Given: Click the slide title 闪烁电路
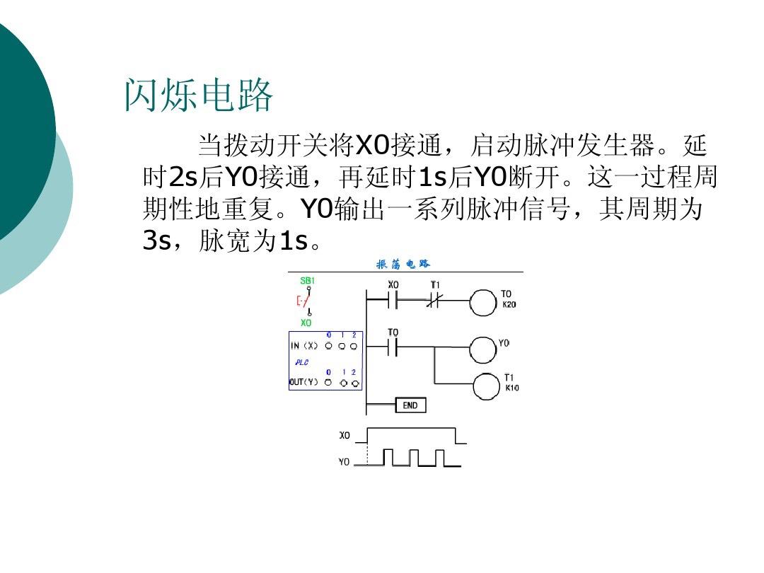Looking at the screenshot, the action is [x=199, y=96].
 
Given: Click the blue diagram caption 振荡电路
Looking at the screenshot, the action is [x=403, y=265].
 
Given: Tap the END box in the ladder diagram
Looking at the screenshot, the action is [x=410, y=405].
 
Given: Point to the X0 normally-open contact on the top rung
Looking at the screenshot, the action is [x=393, y=301].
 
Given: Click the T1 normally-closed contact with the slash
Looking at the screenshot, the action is [x=435, y=301].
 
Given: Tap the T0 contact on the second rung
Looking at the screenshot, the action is [x=393, y=347].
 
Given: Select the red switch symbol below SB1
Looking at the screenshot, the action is [x=303, y=301].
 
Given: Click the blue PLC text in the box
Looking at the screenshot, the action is [x=301, y=361].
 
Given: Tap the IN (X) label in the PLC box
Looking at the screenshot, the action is [x=304, y=346].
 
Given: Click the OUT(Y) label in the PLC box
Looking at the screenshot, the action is [x=303, y=383].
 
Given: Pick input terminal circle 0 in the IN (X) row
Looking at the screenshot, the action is [x=328, y=347].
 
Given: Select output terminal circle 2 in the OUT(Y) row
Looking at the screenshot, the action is [x=355, y=383].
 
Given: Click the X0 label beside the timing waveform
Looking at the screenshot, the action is [x=345, y=435].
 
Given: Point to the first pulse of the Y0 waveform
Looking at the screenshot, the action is [x=388, y=457].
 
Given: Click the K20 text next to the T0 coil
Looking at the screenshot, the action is [x=509, y=305].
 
